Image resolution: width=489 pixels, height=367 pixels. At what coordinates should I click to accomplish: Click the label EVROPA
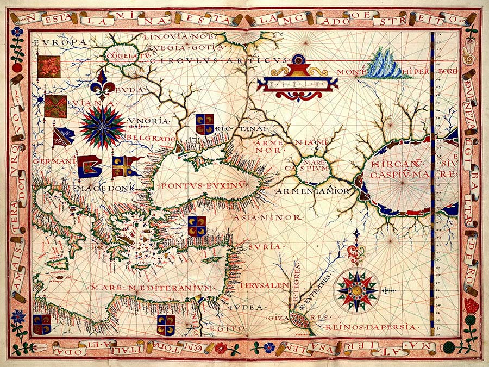(60, 42)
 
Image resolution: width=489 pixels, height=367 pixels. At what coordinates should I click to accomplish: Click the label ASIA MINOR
(267, 217)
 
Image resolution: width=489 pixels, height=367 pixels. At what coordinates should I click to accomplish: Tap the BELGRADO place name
(152, 138)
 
